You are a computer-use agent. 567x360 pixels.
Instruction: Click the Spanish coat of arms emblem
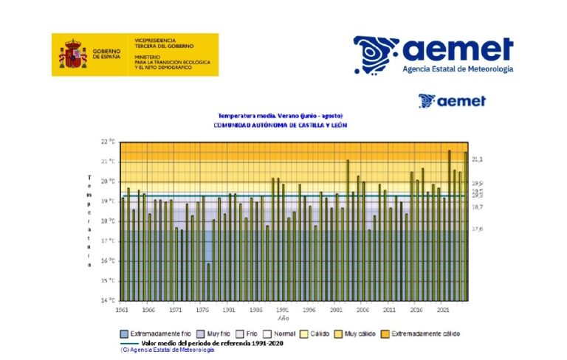[x=72, y=55]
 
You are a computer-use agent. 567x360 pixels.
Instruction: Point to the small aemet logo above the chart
[x=452, y=101]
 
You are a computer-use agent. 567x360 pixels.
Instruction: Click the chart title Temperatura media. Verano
[x=280, y=116]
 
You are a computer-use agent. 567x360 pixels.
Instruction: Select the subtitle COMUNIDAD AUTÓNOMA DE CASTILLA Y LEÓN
[x=280, y=125]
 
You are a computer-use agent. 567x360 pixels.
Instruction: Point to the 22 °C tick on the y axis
[x=108, y=141]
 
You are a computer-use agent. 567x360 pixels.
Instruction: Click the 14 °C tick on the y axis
[x=108, y=300]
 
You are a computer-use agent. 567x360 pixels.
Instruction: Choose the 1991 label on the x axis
[x=230, y=311]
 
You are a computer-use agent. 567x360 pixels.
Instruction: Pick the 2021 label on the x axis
[x=443, y=311]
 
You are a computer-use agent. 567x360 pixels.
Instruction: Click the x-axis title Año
[x=283, y=319]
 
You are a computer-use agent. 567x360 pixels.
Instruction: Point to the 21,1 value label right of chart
[x=477, y=159]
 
